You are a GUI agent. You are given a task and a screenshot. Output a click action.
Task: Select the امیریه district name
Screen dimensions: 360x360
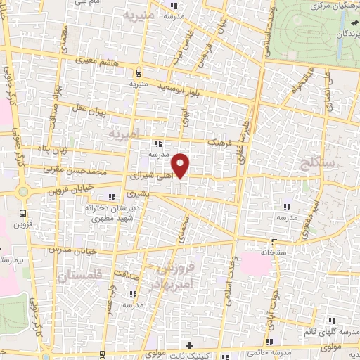tap(125, 132)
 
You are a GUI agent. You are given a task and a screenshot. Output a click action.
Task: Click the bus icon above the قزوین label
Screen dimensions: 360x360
tap(23, 212)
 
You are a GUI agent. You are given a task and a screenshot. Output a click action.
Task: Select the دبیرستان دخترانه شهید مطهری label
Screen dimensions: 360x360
tap(114, 213)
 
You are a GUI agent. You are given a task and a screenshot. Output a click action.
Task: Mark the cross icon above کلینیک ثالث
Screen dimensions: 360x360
tap(188, 345)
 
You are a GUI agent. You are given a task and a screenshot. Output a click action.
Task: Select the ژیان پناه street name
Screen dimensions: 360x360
tap(53, 149)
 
